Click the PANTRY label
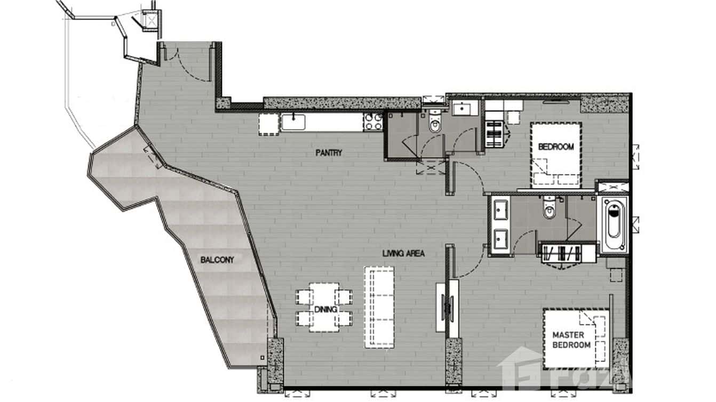click(x=328, y=153)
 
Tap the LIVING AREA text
click(x=403, y=254)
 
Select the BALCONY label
click(x=217, y=260)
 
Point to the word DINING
click(x=324, y=309)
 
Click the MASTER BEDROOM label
click(x=571, y=340)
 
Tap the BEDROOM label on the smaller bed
click(x=555, y=147)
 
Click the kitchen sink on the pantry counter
click(x=294, y=122)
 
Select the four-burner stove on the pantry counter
click(x=373, y=122)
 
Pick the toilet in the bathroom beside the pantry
click(x=435, y=122)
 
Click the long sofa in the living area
click(x=380, y=307)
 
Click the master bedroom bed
click(x=575, y=339)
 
